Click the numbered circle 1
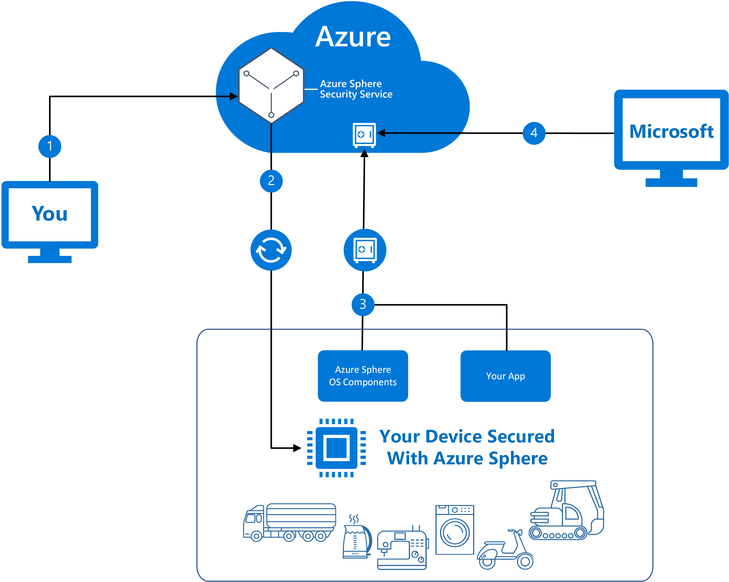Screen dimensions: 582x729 click(50, 146)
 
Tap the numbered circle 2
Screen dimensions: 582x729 click(271, 181)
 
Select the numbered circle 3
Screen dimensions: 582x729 click(363, 304)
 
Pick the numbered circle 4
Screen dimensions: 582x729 click(534, 133)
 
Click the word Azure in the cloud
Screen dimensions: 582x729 click(353, 37)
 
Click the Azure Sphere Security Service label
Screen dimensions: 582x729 click(356, 89)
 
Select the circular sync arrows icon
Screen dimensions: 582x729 click(271, 250)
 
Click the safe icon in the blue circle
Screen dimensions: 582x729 click(365, 250)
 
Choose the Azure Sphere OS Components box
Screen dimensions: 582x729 click(363, 376)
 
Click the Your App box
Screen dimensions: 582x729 click(505, 376)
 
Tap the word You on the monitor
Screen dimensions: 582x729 click(50, 214)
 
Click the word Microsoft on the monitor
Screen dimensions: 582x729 click(671, 132)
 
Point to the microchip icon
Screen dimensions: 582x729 click(336, 448)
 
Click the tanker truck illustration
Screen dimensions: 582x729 click(289, 522)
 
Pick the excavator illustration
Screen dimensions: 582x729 click(566, 510)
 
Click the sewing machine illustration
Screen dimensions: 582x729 click(402, 549)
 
